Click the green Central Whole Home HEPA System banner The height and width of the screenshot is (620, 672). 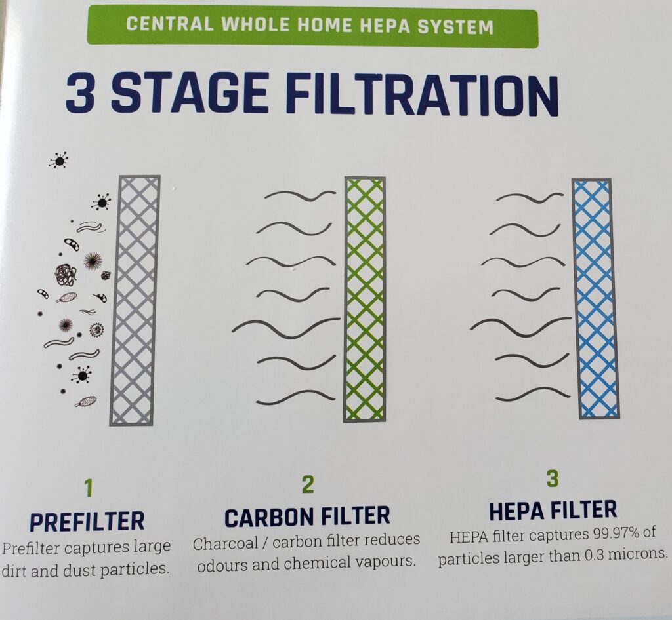click(x=312, y=26)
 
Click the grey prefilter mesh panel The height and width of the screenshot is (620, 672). click(x=135, y=301)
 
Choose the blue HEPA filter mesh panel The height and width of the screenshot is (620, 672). click(x=595, y=298)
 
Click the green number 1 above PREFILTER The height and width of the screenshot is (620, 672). click(x=89, y=489)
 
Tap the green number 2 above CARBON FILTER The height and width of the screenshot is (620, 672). click(x=307, y=484)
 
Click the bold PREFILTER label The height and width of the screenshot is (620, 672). click(x=87, y=522)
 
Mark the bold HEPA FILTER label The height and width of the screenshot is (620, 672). click(x=553, y=509)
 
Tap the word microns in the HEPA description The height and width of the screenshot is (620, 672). click(x=639, y=555)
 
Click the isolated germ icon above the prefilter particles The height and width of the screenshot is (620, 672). click(x=58, y=159)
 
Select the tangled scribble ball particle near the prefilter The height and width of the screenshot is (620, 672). click(x=65, y=275)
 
